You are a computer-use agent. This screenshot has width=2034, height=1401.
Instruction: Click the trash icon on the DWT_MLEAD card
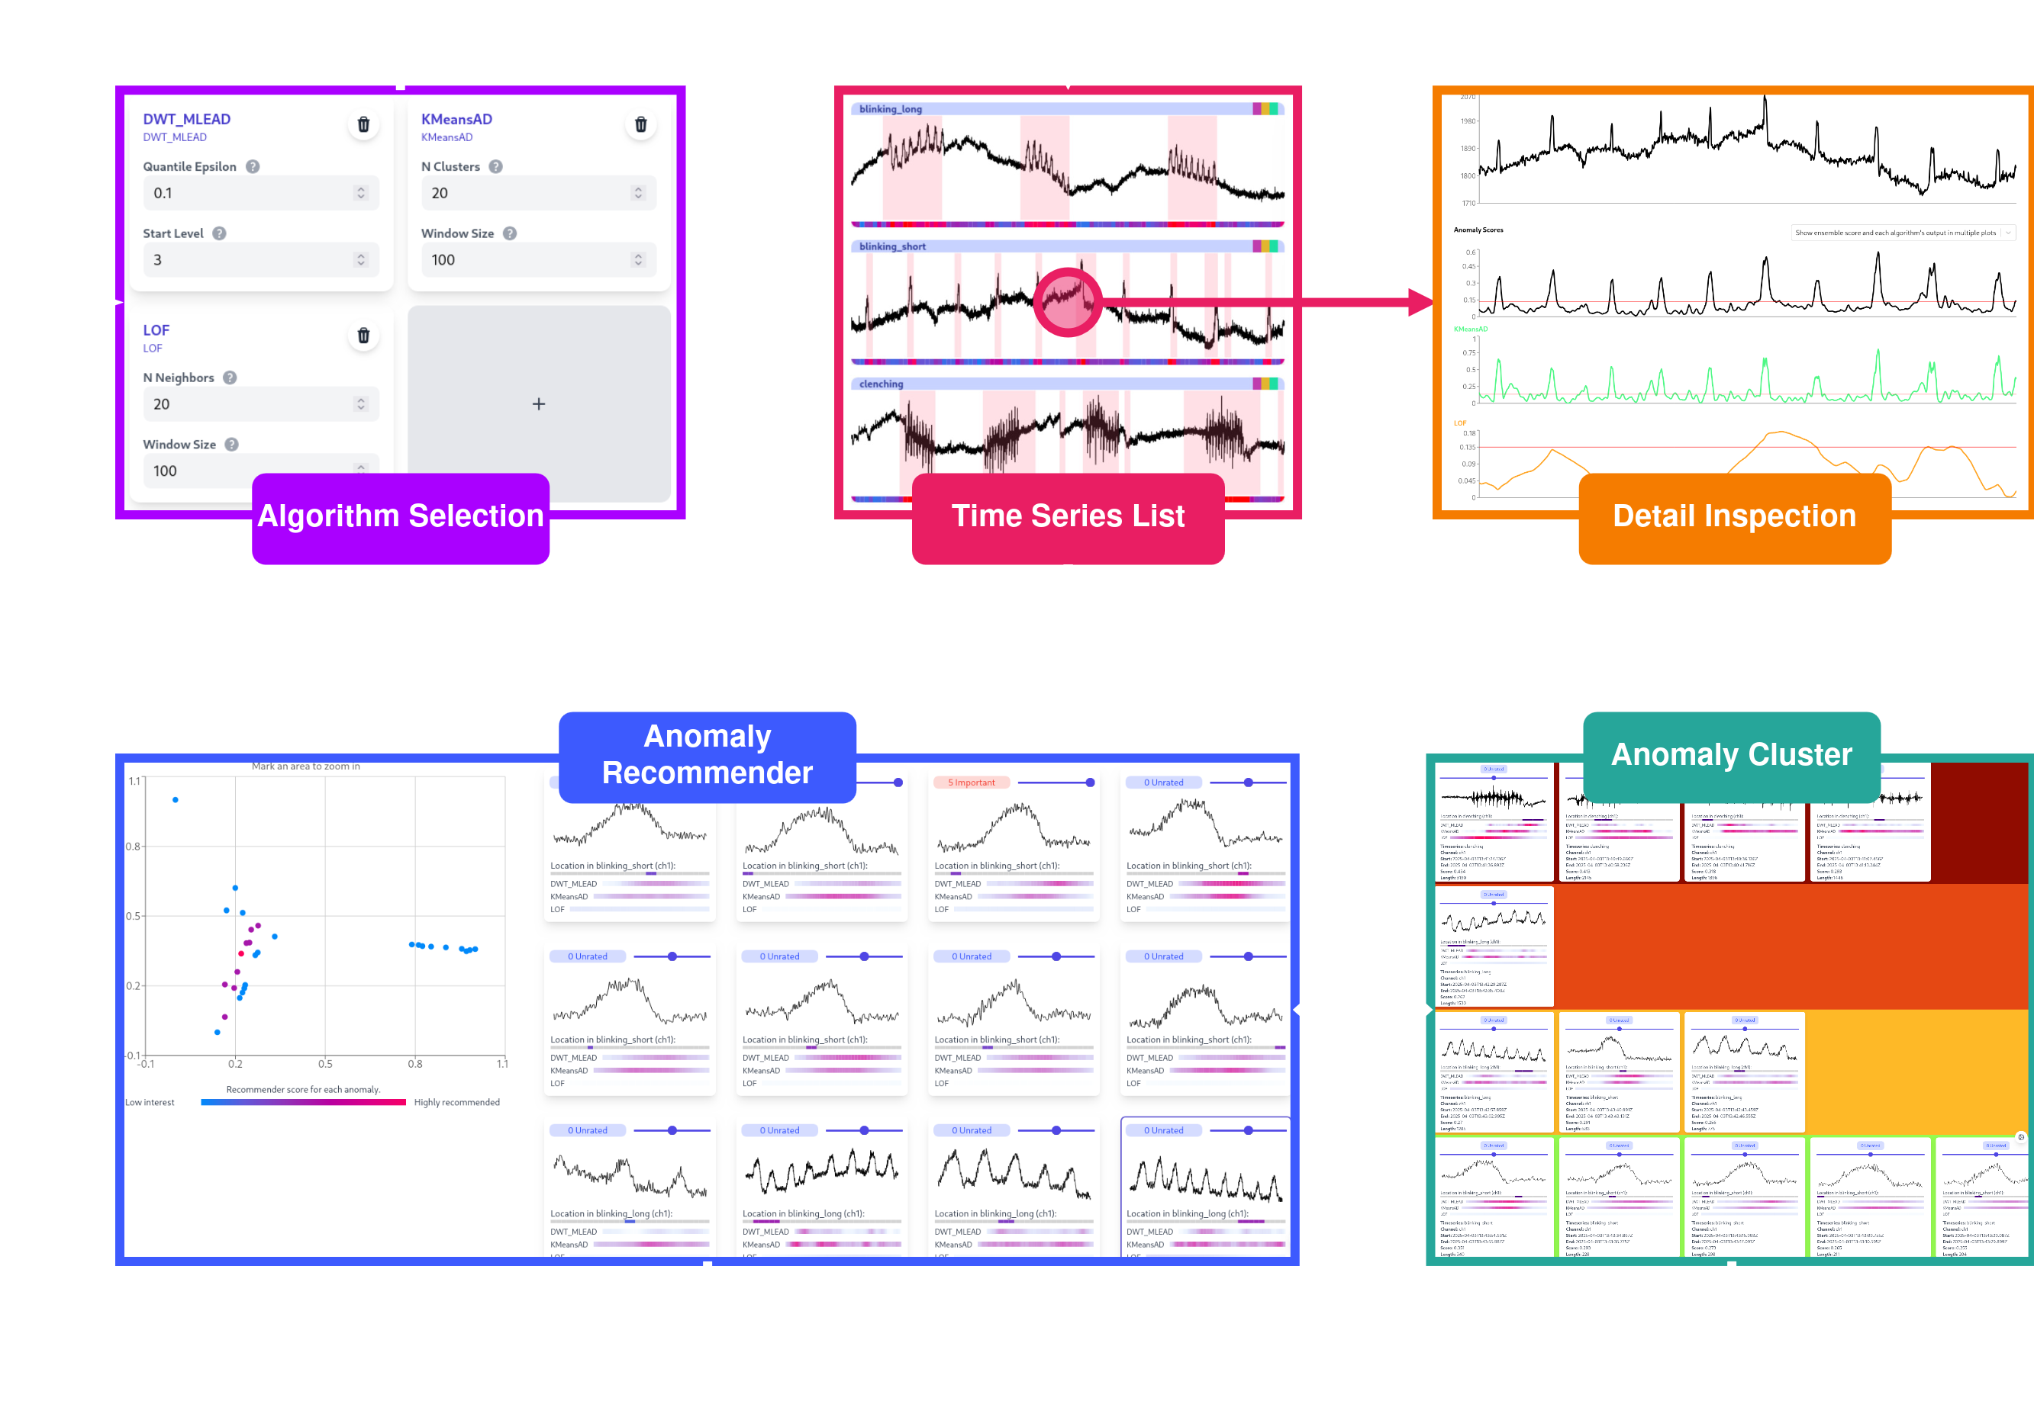coord(363,124)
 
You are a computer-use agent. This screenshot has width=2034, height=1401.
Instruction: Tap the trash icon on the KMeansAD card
coord(641,124)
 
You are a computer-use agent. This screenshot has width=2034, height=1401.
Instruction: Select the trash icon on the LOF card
coord(363,336)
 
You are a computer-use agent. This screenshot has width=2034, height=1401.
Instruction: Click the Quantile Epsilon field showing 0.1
coord(260,193)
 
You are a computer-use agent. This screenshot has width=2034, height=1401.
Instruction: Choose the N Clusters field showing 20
coord(537,193)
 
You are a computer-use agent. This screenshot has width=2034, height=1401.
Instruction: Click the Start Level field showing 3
coord(260,260)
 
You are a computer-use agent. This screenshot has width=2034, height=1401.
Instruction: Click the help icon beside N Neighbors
coord(230,378)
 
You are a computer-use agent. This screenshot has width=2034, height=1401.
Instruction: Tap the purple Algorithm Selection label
coord(401,517)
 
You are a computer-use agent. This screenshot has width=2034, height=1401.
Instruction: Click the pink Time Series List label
coord(1068,517)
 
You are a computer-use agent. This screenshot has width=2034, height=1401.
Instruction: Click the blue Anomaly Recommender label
coord(707,755)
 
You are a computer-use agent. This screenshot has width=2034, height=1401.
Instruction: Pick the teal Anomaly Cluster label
coord(1731,755)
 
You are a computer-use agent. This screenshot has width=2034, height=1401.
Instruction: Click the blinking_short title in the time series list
coord(892,246)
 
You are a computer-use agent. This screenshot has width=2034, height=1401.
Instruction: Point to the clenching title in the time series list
coord(881,384)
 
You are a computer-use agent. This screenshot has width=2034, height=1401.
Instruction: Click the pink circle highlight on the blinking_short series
coord(1068,302)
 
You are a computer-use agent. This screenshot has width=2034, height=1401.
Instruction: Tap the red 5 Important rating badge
coord(972,782)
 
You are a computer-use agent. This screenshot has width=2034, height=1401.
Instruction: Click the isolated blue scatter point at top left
coord(176,800)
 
